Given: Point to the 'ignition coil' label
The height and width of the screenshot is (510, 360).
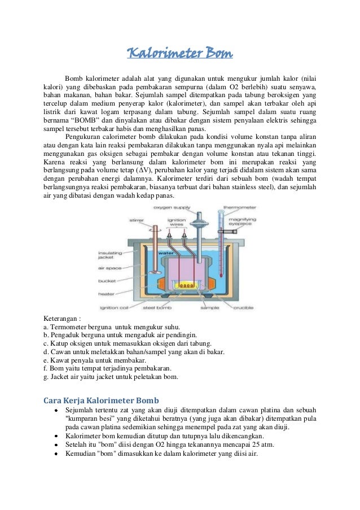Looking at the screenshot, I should click(x=123, y=308).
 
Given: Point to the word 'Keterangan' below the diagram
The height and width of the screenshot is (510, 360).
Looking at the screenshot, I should click(x=61, y=319).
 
